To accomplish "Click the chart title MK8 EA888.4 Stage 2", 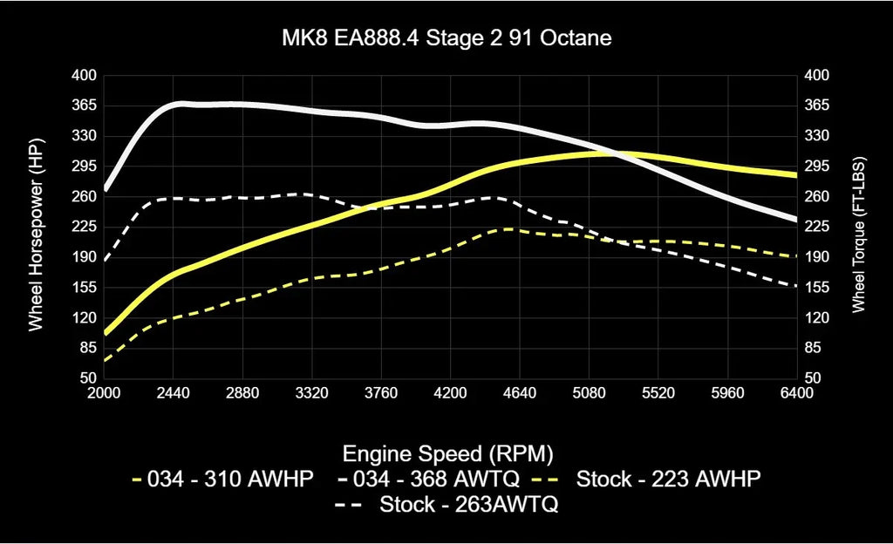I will coord(446,39).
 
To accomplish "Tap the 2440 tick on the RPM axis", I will coord(174,393).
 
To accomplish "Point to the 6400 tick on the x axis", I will coord(796,393).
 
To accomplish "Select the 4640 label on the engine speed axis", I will coord(519,393).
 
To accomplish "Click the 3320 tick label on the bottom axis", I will coord(311,393).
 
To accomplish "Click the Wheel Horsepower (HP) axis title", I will coord(36,227).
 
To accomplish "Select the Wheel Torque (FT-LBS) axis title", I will coord(857,227).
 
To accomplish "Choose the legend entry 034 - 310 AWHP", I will coord(222,479).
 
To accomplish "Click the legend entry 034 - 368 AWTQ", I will coord(427,479).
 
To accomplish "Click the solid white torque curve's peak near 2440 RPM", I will coord(179,103).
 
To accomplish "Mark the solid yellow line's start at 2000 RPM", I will coord(105,332).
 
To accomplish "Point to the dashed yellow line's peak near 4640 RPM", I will coord(504,229).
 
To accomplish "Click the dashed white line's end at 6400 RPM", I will coord(795,286).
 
